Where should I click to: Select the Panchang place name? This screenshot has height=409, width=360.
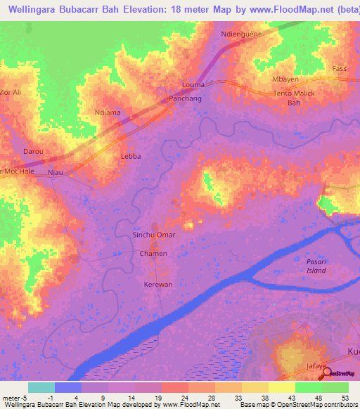[186, 99]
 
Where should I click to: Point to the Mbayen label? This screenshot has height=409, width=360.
[285, 79]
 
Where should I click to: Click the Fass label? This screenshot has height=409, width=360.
[340, 69]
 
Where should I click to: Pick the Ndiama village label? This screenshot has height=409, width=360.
[108, 112]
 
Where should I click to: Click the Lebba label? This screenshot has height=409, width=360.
[131, 156]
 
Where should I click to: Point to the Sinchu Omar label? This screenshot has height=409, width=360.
[154, 235]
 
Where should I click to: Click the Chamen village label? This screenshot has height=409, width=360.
[153, 253]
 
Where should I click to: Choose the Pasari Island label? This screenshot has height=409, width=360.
[317, 266]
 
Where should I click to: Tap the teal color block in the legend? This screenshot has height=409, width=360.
[41, 387]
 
